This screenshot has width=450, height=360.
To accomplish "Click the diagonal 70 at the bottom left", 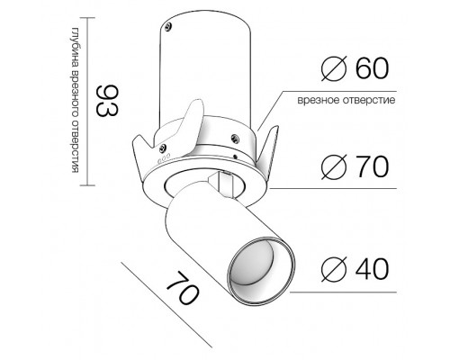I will pos(180,295).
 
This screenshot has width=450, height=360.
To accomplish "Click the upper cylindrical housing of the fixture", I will pos(207,72).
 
